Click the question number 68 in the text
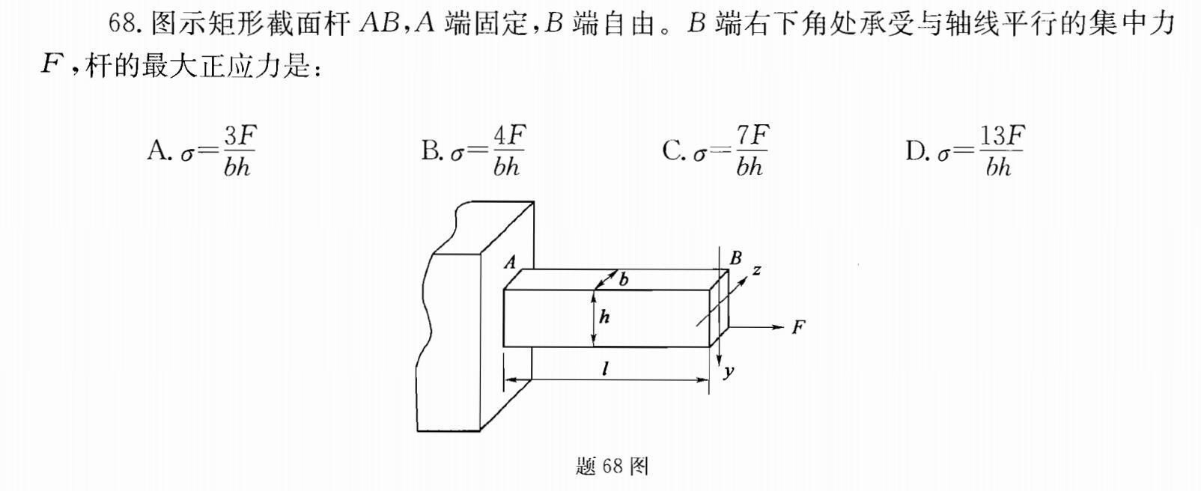point(122,24)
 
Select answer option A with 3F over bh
point(201,151)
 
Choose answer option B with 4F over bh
point(473,151)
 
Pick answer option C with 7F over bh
point(715,151)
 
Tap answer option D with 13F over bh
point(964,151)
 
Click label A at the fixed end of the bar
point(511,262)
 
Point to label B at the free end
point(735,258)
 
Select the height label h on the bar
point(604,317)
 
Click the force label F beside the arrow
point(798,327)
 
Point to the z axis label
point(757,269)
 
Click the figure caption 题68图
point(612,466)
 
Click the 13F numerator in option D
point(1002,137)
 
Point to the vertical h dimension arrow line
point(594,318)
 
